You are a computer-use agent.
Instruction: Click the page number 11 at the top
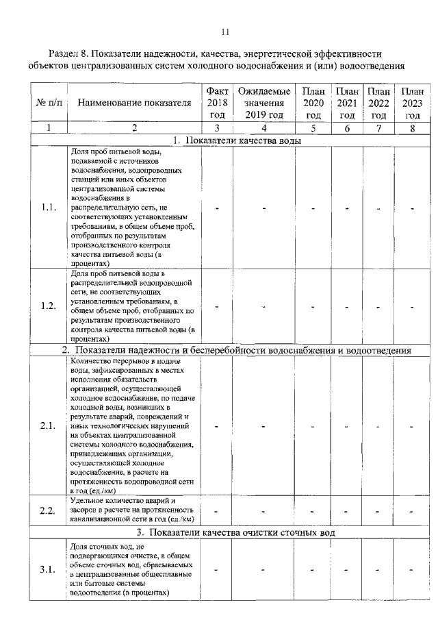226,32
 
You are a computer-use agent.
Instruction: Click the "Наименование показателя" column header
134,103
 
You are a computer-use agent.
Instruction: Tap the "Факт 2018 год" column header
217,103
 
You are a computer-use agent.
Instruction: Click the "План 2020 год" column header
313,103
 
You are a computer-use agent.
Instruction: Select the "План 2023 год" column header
412,103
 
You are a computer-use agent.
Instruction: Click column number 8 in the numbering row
412,127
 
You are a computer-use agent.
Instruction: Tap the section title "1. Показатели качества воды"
237,140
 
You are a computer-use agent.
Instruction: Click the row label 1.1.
48,208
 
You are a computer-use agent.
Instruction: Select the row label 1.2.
48,306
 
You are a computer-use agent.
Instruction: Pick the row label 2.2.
48,511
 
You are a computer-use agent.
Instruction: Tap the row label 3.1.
48,569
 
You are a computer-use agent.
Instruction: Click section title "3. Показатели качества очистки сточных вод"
236,532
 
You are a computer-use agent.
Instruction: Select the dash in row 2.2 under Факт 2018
217,511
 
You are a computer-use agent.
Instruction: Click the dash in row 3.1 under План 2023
412,569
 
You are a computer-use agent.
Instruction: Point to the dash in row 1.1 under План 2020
313,208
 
